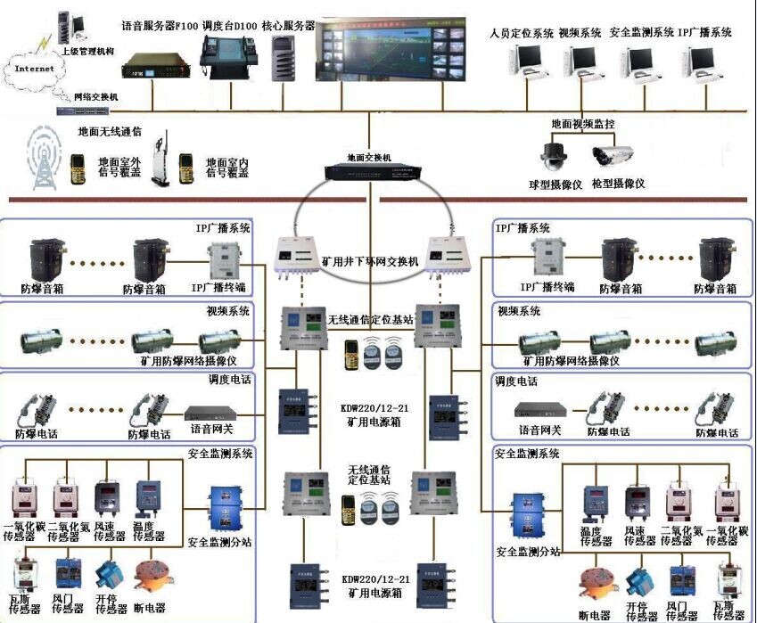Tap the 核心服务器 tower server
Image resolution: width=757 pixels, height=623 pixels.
point(284,59)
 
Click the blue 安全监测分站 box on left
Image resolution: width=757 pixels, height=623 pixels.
point(222,507)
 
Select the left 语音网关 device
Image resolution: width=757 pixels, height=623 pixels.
point(214,414)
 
